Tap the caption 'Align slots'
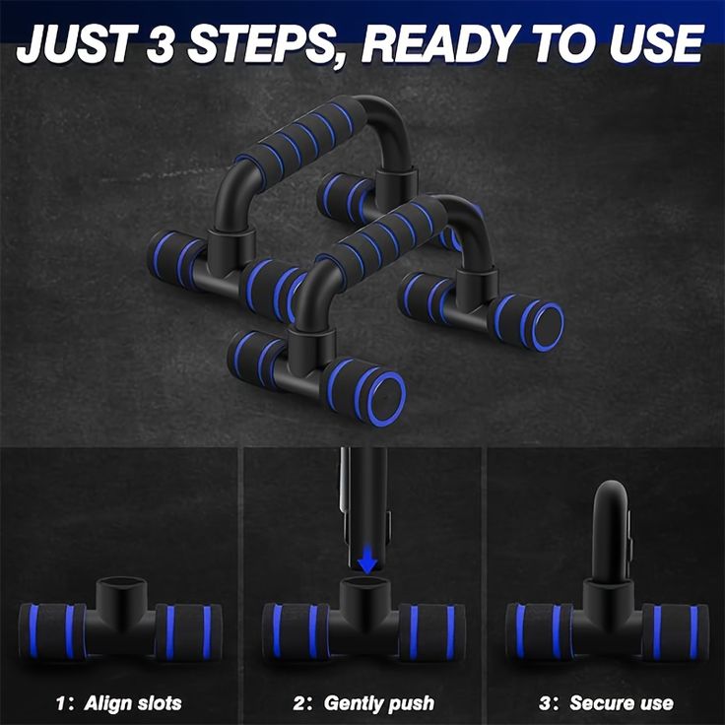134,703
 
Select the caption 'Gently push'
378,703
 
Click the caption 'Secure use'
622,703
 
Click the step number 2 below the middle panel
299,703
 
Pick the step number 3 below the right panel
543,703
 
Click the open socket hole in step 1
120,589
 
